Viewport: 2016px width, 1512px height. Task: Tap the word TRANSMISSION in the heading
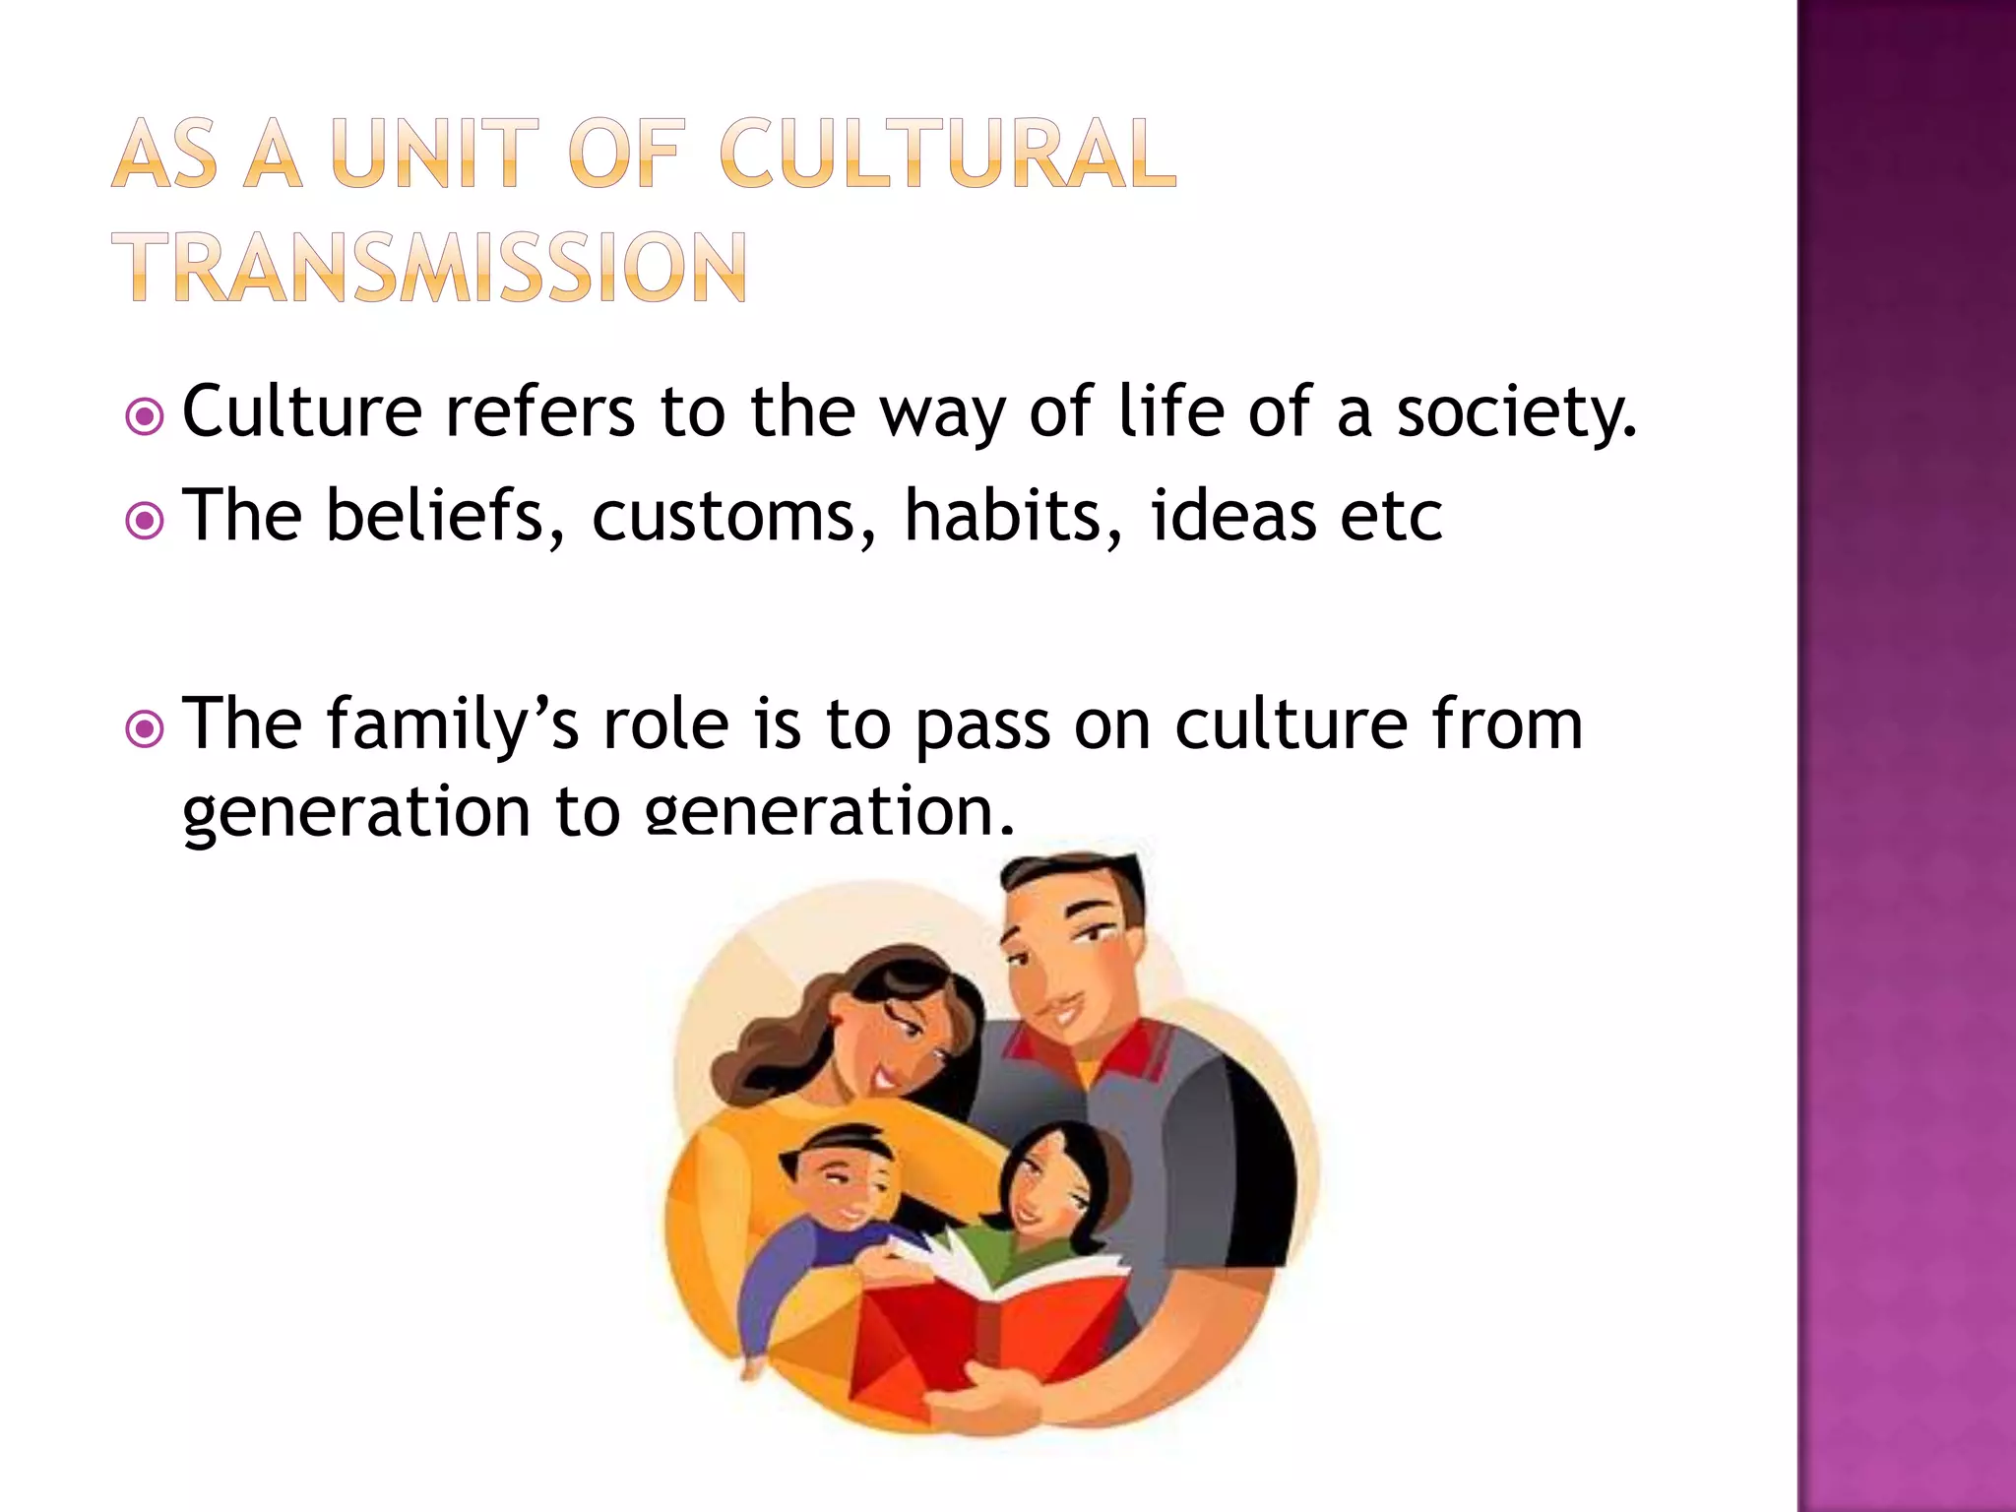pyautogui.click(x=435, y=267)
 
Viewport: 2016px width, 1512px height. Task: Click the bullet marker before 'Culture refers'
pyautogui.click(x=146, y=418)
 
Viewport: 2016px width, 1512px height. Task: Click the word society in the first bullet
pyautogui.click(x=1516, y=413)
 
